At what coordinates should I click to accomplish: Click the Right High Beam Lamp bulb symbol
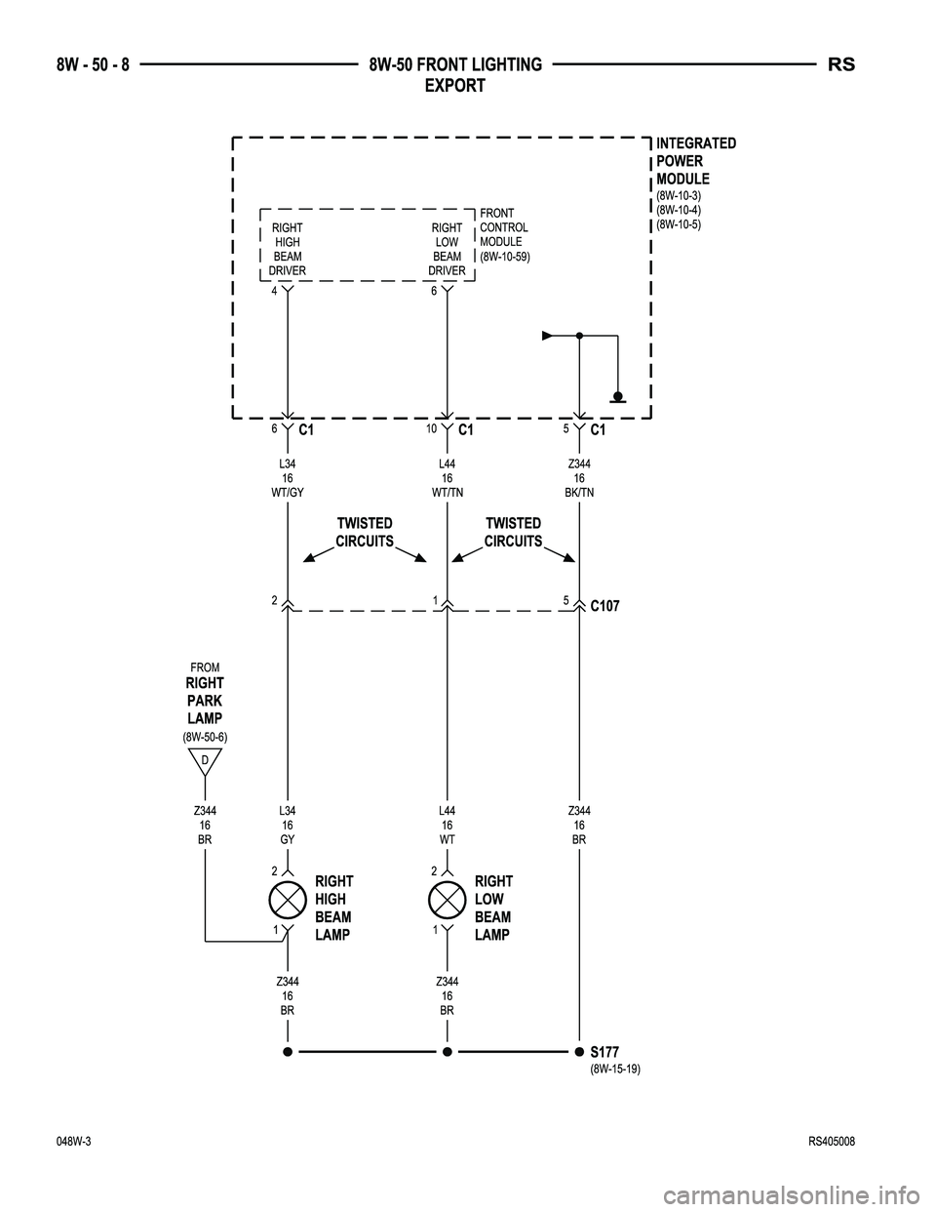coord(288,899)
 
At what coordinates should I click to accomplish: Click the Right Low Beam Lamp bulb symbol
coord(447,899)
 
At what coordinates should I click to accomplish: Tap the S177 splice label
coord(604,1052)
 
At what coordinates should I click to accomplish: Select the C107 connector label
coord(604,606)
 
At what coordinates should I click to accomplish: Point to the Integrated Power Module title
coord(696,161)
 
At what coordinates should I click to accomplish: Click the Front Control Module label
coord(503,234)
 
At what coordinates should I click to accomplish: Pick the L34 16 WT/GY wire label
coord(288,478)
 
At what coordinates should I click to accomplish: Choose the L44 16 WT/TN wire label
coord(447,478)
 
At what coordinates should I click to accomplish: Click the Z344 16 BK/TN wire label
coord(579,478)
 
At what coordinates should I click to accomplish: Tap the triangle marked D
coord(205,759)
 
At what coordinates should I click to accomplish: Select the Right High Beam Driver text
coord(288,249)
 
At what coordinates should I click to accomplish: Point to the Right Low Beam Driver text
coord(447,249)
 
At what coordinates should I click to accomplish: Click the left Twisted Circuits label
coord(365,533)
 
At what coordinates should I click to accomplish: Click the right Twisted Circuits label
coord(513,533)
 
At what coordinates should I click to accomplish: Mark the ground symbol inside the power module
coord(618,396)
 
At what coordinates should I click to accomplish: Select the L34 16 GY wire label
coord(288,825)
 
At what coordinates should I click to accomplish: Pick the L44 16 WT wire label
coord(447,825)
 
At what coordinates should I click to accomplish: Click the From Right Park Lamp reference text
coord(205,699)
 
